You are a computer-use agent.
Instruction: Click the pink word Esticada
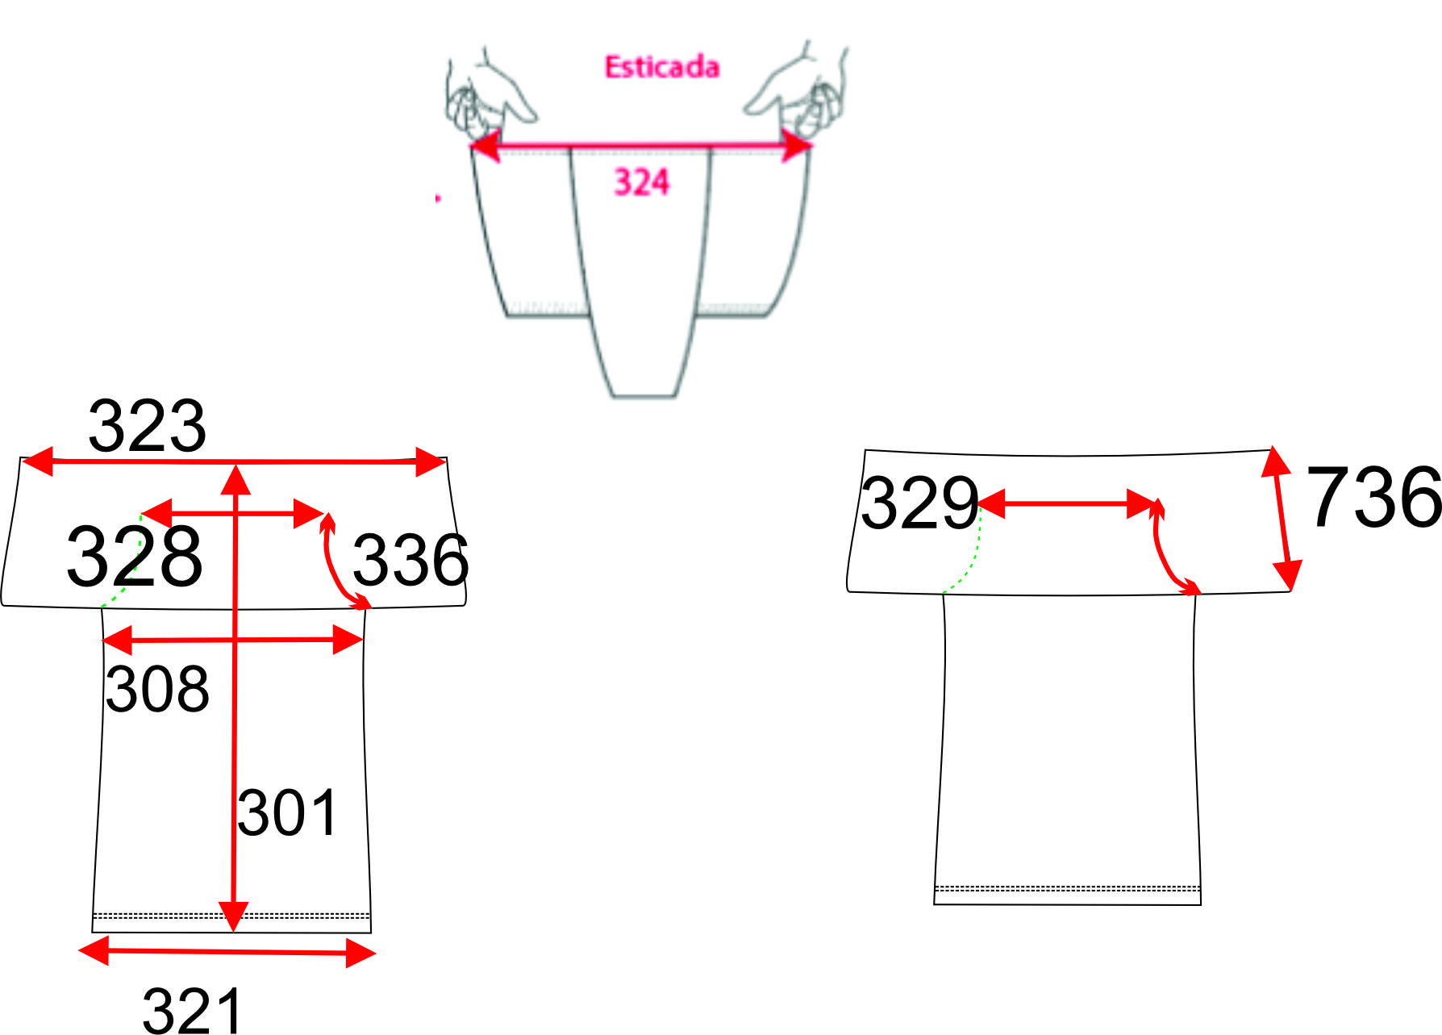point(662,67)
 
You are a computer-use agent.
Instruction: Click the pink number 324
point(642,182)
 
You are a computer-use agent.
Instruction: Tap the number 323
point(147,426)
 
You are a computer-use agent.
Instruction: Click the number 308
point(157,690)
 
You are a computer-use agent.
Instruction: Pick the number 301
point(287,813)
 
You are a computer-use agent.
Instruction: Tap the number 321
point(192,1009)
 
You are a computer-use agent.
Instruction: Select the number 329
point(919,503)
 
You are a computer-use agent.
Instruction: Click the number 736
point(1373,497)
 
